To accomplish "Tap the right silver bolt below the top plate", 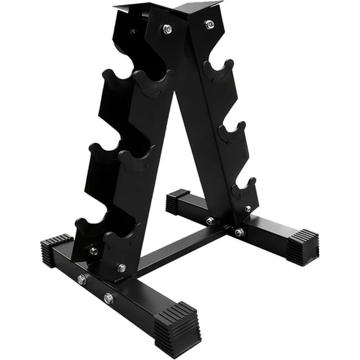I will [x=209, y=24].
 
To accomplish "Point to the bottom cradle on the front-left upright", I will [x=119, y=240].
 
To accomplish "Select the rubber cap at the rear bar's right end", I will [x=302, y=246].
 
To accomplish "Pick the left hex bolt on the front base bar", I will [x=81, y=279].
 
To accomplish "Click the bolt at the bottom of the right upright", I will [x=248, y=209].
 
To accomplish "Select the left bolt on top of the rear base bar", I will [x=210, y=220].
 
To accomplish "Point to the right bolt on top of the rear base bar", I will [x=239, y=232].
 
